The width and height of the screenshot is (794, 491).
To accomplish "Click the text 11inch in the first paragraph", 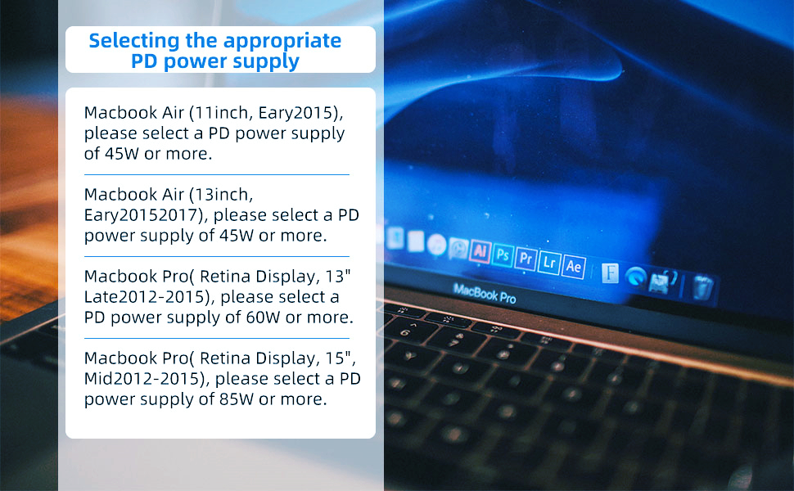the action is [x=222, y=112].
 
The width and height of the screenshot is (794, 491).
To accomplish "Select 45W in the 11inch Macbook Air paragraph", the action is [x=121, y=154].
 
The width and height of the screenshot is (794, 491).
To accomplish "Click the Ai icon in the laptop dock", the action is [x=480, y=251].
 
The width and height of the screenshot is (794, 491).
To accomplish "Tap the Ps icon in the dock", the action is [x=503, y=255].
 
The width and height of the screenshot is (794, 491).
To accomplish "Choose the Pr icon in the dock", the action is [x=526, y=258].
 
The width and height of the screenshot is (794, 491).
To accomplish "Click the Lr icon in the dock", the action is [x=549, y=262].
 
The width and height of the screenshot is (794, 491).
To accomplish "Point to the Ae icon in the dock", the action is [x=573, y=266].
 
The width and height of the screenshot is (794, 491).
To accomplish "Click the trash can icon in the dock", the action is [x=702, y=286].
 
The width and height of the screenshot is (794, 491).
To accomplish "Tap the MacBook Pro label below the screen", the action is [x=485, y=294].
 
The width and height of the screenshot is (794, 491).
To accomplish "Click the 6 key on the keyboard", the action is [x=404, y=332].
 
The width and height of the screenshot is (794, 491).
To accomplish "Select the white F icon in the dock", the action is [x=610, y=273].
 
